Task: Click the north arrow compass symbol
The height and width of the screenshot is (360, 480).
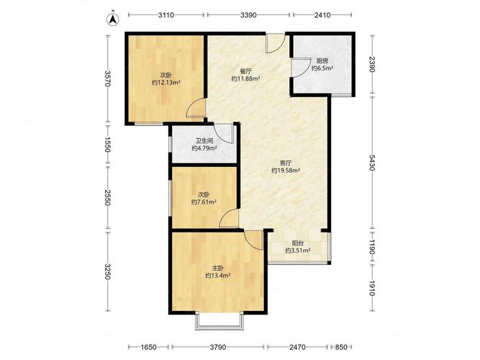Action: (x=113, y=19)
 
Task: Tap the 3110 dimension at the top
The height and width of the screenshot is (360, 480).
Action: (x=166, y=14)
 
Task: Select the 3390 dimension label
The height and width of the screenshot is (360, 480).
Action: (x=248, y=14)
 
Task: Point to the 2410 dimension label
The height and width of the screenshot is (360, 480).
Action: (x=322, y=14)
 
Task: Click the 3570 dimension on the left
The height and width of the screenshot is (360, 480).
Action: (x=107, y=78)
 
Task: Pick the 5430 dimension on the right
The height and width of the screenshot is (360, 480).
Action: (x=372, y=163)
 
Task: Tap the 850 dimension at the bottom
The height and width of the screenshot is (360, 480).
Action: (x=341, y=347)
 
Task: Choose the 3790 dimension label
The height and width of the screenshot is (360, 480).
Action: (x=217, y=347)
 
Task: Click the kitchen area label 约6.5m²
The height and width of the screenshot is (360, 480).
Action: (x=322, y=68)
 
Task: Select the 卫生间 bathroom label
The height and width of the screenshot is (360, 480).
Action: (x=204, y=141)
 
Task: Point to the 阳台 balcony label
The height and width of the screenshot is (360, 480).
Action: (x=298, y=243)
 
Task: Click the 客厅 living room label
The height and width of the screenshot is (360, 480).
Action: (x=286, y=163)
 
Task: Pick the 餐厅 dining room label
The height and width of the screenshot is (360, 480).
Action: (x=246, y=71)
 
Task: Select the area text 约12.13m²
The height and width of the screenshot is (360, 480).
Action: (x=166, y=82)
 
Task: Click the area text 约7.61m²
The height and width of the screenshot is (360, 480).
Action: (x=204, y=202)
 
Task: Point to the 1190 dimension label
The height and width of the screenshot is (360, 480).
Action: (x=372, y=247)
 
